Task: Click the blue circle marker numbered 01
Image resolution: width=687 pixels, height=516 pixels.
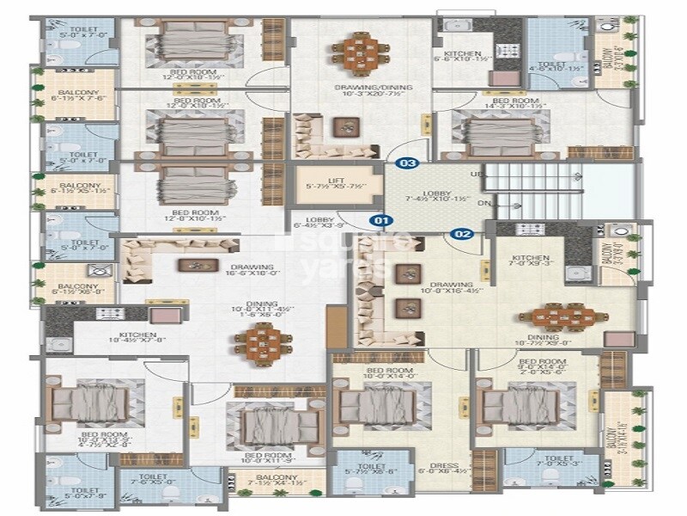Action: (380, 219)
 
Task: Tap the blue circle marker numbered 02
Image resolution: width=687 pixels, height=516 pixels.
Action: (463, 232)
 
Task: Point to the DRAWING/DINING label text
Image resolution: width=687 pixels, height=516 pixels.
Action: (360, 88)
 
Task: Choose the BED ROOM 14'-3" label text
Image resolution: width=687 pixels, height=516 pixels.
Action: (514, 102)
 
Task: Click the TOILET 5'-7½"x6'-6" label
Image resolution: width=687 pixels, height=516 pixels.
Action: (359, 464)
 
